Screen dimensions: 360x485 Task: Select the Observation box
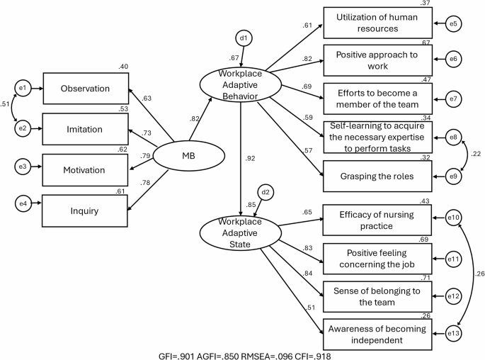86,89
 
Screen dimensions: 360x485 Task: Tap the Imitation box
86,129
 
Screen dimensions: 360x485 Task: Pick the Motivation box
86,169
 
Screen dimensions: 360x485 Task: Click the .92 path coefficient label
250,159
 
